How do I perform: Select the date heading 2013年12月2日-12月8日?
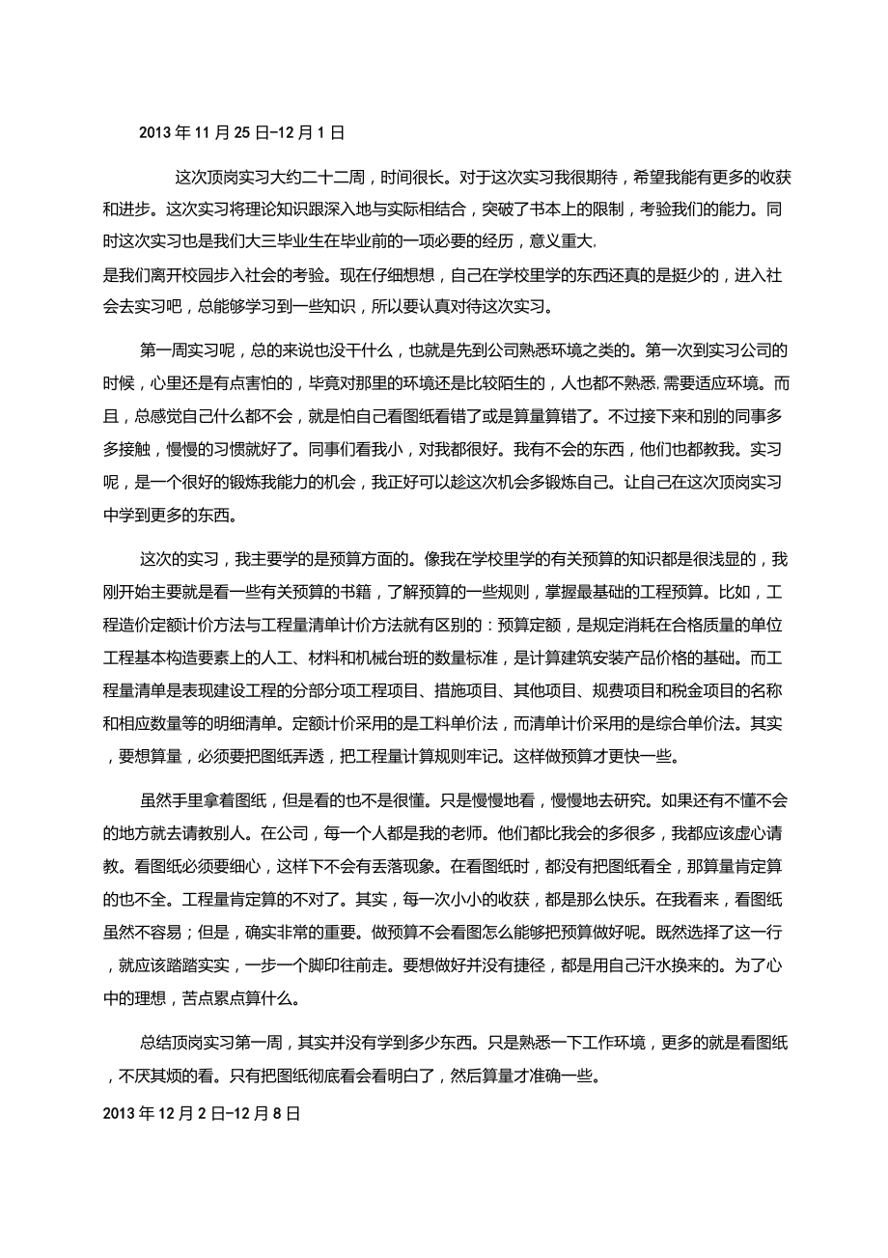(201, 1113)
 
